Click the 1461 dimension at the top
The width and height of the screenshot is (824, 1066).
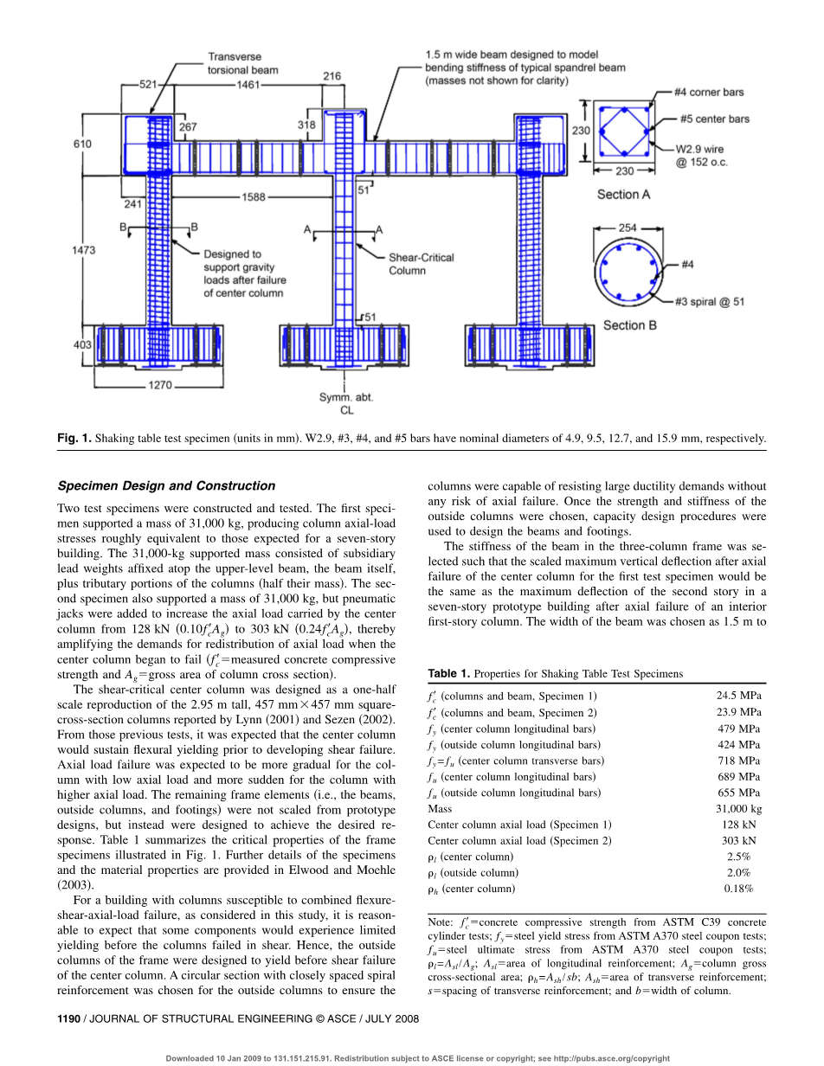[248, 85]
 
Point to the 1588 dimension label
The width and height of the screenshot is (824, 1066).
[254, 197]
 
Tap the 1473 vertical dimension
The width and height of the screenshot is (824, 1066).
[84, 249]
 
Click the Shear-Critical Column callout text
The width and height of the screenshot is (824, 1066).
[421, 264]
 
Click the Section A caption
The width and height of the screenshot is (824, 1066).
[623, 195]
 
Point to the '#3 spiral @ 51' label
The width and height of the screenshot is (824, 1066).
[710, 302]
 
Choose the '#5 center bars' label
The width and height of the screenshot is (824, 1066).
[715, 119]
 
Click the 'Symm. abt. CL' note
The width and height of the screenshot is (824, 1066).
[346, 404]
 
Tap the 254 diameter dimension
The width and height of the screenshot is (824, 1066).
[628, 228]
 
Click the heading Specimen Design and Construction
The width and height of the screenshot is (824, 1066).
[166, 485]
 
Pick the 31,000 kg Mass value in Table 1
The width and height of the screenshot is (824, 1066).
[739, 809]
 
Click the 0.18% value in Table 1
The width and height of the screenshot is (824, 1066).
[739, 889]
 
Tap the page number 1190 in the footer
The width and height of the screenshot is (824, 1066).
[68, 1019]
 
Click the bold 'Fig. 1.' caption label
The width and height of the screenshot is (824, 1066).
[74, 439]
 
